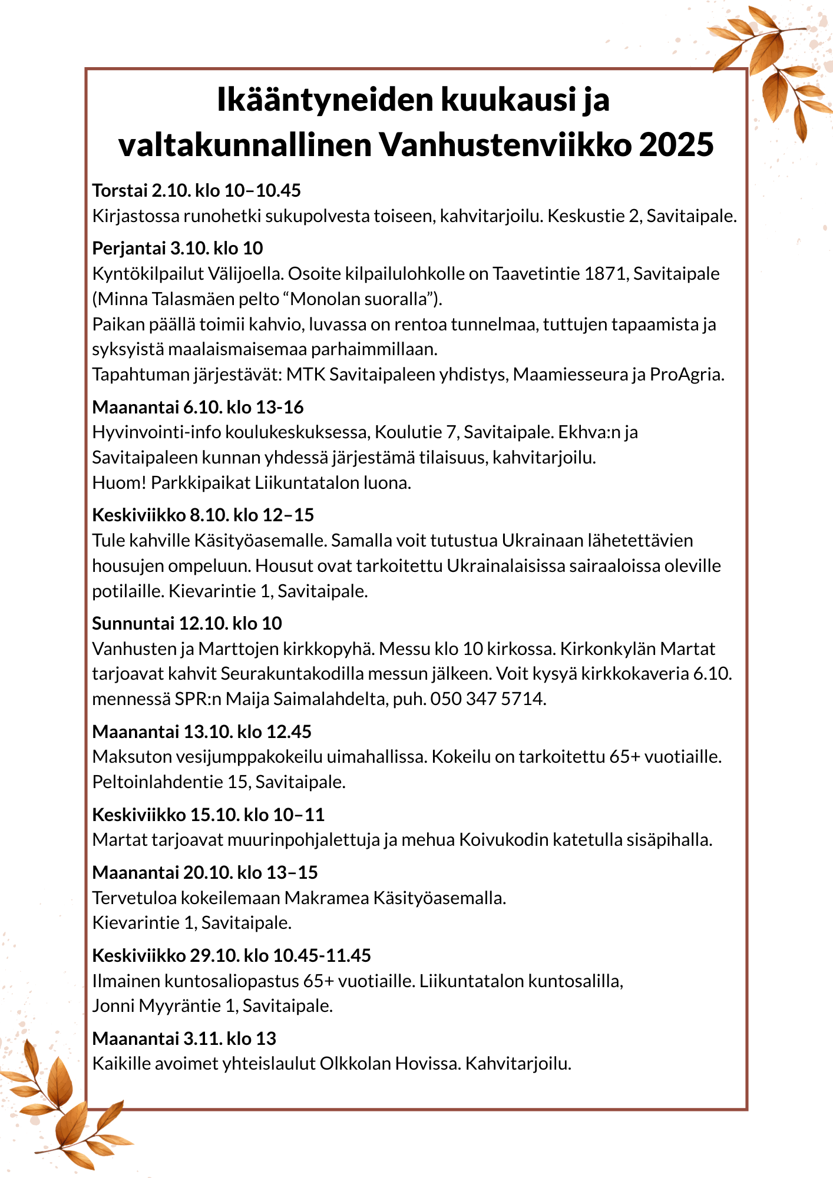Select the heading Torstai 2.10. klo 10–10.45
tap(196, 190)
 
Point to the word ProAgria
tap(686, 375)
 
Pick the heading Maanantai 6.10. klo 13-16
tap(198, 407)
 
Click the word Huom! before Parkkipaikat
tap(119, 483)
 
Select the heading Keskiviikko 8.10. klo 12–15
tap(203, 515)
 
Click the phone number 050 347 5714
tap(488, 699)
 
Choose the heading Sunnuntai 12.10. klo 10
tap(187, 623)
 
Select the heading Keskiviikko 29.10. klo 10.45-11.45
tap(232, 955)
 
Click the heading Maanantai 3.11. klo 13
tap(184, 1038)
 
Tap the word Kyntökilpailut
tap(147, 274)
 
